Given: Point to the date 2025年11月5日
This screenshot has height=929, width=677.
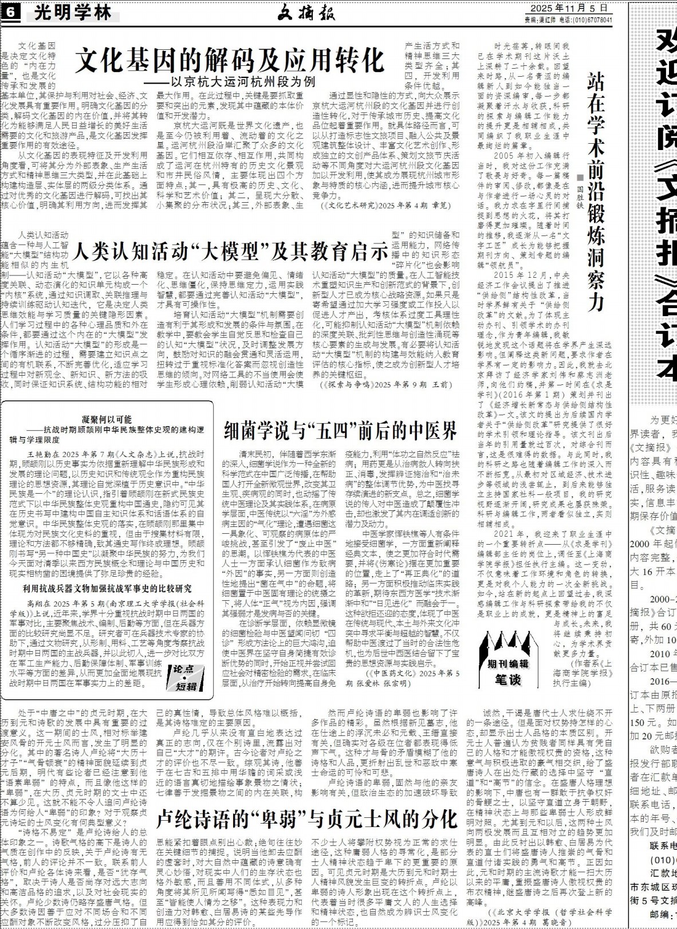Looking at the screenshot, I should pos(568,8).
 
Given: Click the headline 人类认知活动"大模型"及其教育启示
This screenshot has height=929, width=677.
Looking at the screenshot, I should pos(231,250).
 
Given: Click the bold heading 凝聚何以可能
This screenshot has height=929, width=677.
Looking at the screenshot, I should pos(107,420).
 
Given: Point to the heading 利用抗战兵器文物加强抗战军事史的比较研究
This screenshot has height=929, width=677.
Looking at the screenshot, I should pos(107,588).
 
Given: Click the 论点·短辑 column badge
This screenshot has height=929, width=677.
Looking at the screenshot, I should pos(188,676).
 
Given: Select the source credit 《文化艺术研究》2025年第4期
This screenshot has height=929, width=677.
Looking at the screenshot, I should pos(379,205).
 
